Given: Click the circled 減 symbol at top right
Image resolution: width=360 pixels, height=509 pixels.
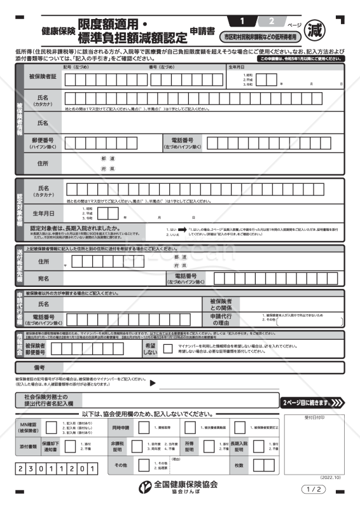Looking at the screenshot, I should coord(331,29).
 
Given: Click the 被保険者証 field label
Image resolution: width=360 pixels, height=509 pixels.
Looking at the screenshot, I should coord(43,77).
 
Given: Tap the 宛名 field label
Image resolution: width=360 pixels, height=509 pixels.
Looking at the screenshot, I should coord(43,278).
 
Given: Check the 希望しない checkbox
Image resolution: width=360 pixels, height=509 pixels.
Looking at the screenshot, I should coord(167,348).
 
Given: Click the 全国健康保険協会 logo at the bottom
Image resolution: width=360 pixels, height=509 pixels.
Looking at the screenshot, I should coord(179,485).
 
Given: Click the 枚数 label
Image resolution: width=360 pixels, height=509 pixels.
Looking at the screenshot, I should coord(239,466).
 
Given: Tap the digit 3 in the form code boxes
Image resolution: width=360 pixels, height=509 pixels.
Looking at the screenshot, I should coord(32,469).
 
